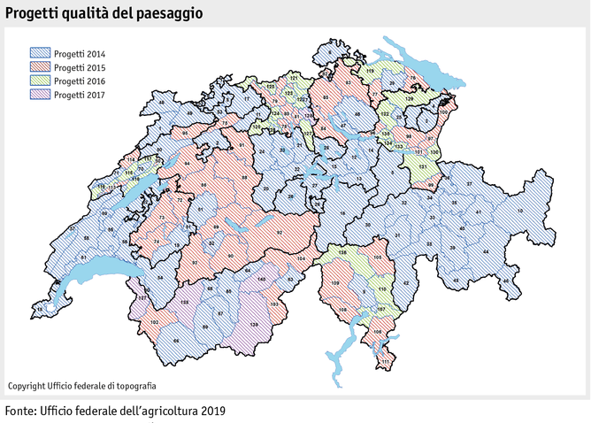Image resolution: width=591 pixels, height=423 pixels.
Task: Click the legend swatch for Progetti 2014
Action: [40, 53]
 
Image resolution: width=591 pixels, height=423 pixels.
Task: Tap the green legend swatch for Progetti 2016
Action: [40, 81]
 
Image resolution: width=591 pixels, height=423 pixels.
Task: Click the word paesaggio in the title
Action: [165, 14]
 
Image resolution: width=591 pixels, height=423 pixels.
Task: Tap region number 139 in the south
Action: [254, 326]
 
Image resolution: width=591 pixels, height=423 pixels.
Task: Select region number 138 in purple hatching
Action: [185, 302]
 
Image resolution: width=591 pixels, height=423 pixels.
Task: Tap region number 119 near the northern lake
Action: [370, 70]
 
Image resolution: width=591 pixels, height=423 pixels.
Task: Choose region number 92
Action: [280, 232]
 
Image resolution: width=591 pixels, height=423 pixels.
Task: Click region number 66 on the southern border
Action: [176, 341]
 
